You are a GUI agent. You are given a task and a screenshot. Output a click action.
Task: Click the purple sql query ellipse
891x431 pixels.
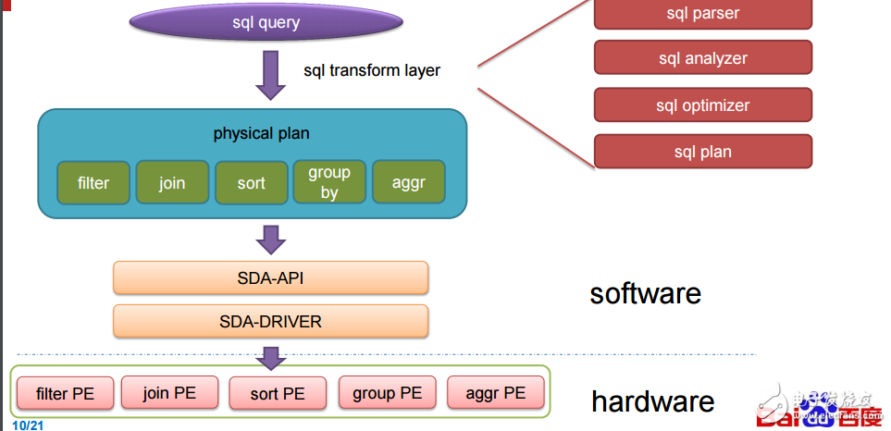coord(266,22)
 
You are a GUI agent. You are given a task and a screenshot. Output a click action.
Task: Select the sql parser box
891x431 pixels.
coord(702,13)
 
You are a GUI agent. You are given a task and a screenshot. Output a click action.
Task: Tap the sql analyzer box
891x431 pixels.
coord(702,58)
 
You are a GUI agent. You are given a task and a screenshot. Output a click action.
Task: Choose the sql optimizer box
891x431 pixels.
coord(702,105)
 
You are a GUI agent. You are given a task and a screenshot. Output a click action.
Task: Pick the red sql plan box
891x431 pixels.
coord(702,152)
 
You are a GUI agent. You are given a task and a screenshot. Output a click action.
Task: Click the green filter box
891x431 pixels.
coord(93,182)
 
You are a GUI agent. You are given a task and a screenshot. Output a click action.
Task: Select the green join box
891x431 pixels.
coord(172,182)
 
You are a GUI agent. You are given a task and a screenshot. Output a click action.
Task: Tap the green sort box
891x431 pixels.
coord(251,182)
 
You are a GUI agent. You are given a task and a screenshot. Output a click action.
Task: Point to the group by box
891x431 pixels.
coord(329,182)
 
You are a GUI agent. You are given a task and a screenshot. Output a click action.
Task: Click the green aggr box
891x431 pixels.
coord(408,182)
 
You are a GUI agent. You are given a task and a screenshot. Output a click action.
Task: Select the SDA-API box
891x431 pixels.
coord(270,277)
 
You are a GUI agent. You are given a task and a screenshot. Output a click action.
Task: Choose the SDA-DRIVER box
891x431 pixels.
coord(270,322)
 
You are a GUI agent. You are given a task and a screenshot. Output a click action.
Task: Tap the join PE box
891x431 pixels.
coord(169,392)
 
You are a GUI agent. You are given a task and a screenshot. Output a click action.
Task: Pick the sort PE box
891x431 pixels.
coord(278,393)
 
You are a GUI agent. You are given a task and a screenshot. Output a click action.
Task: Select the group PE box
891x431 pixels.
coord(387,392)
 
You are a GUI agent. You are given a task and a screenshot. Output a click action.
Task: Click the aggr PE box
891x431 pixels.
coord(495,392)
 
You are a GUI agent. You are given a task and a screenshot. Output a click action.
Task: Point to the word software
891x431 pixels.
coord(645,293)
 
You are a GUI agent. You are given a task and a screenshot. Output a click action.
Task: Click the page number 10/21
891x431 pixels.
coord(30,425)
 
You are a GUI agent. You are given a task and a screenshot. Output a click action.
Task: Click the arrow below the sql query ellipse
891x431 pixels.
coord(270,74)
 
